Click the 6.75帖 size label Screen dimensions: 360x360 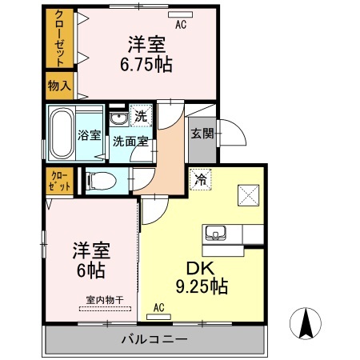(149, 63)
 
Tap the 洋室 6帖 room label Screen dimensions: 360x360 (91, 260)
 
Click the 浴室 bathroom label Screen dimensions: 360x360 (90, 135)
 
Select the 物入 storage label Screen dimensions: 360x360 (59, 84)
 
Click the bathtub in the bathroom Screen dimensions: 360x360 (61, 134)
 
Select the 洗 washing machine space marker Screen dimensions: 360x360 (140, 116)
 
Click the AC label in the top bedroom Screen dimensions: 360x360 (181, 23)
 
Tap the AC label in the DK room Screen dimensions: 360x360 (158, 306)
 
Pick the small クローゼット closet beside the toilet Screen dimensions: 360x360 (59, 180)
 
